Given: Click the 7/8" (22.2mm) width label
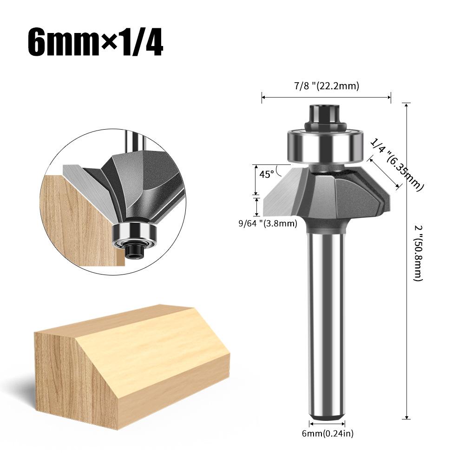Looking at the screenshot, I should tap(327, 85).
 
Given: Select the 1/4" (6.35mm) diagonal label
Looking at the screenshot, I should tap(398, 165).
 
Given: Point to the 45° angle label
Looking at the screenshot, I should tap(267, 175).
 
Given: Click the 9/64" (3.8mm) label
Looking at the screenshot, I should tap(267, 223).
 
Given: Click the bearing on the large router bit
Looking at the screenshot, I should tap(326, 146).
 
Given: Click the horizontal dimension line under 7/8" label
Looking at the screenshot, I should tap(327, 97).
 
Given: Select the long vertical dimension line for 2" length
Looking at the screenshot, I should tap(407, 260).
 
